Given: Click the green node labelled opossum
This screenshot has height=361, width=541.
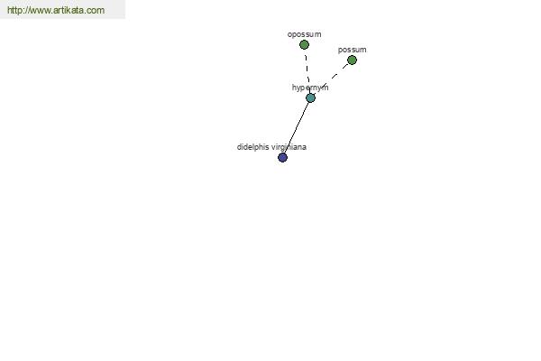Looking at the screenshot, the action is [x=304, y=44].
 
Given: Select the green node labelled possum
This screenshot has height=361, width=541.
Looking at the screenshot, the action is [x=352, y=60].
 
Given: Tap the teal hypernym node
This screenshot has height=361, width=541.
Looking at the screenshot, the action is [x=310, y=98].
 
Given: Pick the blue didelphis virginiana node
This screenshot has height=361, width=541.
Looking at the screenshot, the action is [x=282, y=158].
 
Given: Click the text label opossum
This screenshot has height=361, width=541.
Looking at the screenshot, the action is [x=305, y=34].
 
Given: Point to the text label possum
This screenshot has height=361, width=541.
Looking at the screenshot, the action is [x=353, y=50].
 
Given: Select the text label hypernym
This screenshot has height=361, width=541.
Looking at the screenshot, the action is [x=310, y=88].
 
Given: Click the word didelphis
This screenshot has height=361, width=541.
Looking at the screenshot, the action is [x=253, y=147].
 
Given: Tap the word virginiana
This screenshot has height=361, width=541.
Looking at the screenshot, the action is [x=289, y=147].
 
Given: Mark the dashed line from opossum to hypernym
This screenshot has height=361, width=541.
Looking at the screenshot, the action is [x=307, y=69].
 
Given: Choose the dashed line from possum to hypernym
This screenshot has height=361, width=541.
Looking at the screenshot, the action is [x=331, y=79].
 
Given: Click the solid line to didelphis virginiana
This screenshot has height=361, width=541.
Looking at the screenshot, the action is [x=297, y=128].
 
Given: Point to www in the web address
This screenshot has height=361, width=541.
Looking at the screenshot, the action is [x=40, y=11].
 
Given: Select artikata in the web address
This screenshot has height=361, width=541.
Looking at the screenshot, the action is [x=68, y=10].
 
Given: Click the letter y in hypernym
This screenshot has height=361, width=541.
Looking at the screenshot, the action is [x=298, y=88].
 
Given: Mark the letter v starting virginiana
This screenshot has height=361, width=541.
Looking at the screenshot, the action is [x=275, y=148].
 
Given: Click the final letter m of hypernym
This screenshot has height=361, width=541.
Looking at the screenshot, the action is [x=326, y=88].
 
